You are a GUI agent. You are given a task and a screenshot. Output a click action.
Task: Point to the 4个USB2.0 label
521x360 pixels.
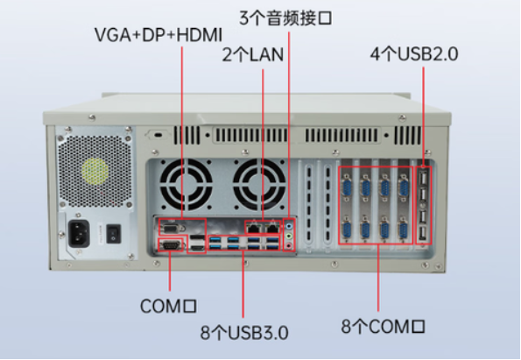414,54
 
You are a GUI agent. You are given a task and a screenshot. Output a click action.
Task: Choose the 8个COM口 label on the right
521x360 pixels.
383,327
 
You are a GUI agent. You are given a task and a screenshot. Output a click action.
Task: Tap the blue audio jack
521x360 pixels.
290,225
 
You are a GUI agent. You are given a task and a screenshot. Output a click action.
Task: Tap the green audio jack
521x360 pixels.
290,235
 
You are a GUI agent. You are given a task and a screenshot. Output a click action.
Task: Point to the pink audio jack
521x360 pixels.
290,244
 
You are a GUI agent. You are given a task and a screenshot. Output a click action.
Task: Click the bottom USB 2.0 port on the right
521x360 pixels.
424,232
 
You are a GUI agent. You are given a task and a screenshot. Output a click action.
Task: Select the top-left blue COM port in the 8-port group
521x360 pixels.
346,184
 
